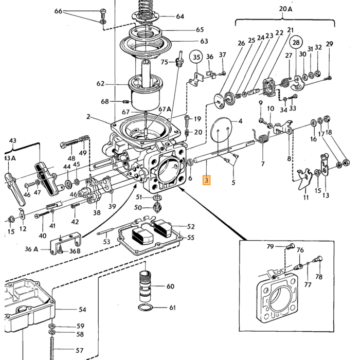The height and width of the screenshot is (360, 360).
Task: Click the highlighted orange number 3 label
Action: coord(206,180)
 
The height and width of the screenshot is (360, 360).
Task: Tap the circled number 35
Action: coord(196,57)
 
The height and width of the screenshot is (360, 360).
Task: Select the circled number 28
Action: coord(296,43)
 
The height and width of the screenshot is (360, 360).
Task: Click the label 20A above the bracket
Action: coord(285,9)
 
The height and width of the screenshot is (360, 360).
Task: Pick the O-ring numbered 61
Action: coord(146,307)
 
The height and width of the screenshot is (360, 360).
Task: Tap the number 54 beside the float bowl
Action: coord(82,310)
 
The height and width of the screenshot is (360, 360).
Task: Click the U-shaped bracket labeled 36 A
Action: coord(65,244)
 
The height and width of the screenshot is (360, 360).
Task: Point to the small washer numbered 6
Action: coord(190,163)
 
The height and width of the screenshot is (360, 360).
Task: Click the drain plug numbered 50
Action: coord(157,207)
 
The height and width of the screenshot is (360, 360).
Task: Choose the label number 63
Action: coord(204,41)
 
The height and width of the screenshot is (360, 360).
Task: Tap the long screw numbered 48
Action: coord(71,143)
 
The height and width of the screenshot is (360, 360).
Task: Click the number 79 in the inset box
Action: coord(270,246)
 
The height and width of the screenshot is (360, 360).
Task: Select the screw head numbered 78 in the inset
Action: coord(319,259)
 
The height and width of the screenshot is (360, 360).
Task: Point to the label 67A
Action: coord(165,109)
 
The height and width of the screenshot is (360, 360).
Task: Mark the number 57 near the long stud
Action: coord(79,350)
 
